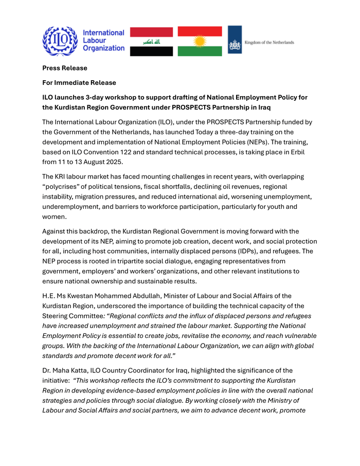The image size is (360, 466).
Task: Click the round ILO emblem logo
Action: click(x=60, y=41)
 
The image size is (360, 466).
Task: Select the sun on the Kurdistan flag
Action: click(x=200, y=41)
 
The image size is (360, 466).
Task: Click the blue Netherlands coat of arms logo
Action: click(x=235, y=40)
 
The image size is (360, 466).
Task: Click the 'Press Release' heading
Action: click(x=65, y=68)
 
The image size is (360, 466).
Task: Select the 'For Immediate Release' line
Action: click(x=79, y=82)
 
